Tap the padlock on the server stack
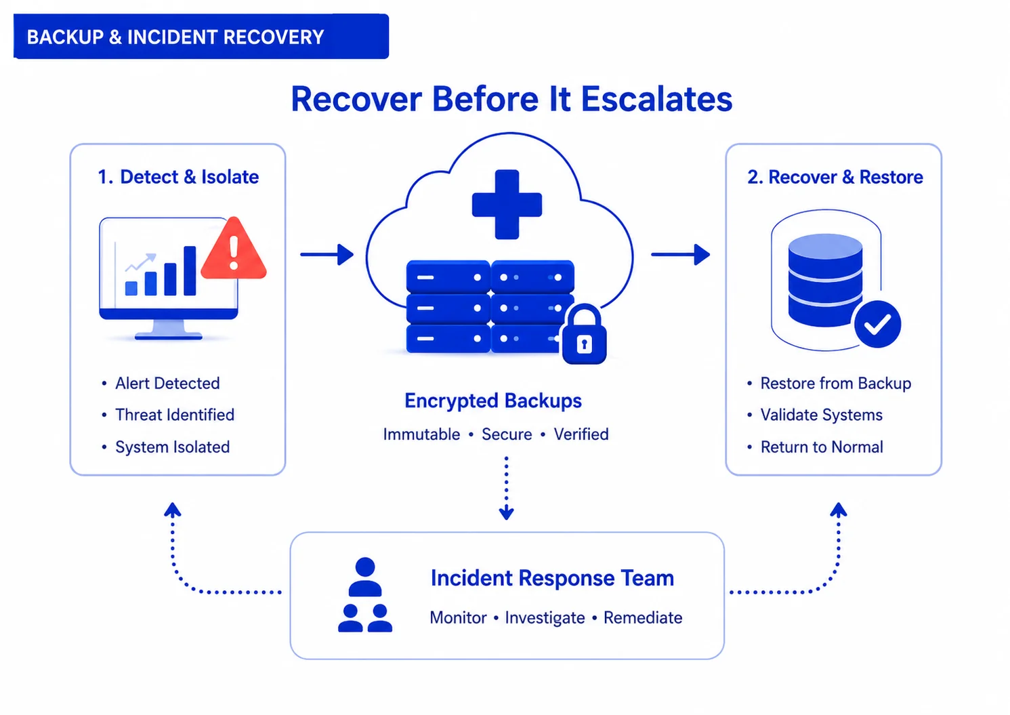point(584,334)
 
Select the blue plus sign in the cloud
point(507,205)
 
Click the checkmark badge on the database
point(877,324)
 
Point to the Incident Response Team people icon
point(365,594)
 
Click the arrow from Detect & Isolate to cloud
point(327,254)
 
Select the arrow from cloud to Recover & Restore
point(680,254)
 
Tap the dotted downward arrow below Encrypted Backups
point(506,488)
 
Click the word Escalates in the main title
point(656,99)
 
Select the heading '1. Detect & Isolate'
point(179,177)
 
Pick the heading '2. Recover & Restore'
point(835,177)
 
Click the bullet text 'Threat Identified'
point(175,415)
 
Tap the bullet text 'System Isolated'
point(173,447)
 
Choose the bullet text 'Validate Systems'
point(822,415)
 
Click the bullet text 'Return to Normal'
point(822,447)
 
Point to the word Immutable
point(421,434)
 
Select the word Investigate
point(545,617)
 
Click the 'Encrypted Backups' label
point(493,401)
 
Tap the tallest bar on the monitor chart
point(190,270)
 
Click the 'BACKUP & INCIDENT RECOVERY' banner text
point(175,37)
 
